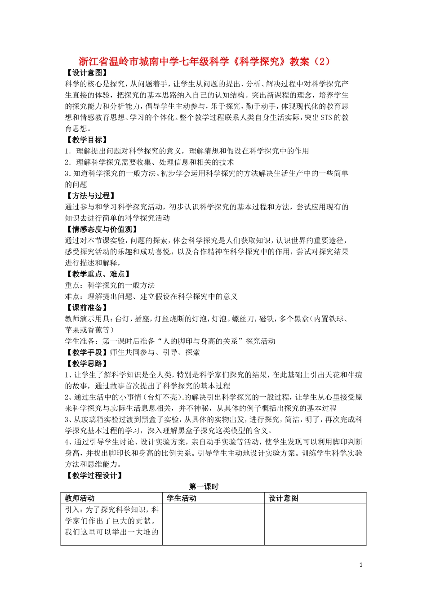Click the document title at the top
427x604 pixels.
[205, 62]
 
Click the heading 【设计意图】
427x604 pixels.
[87, 73]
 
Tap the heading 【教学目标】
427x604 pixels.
[87, 140]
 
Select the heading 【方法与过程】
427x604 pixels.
[90, 195]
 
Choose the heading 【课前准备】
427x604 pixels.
[87, 307]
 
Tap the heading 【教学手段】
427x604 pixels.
[87, 352]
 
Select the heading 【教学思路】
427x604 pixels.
[87, 364]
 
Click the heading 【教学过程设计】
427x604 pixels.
[94, 475]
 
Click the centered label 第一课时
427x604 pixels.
[204, 487]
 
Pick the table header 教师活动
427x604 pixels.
[80, 498]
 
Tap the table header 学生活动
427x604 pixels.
[182, 498]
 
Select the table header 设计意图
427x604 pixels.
[284, 498]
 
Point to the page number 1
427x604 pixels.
[361, 565]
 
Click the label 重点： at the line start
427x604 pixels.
[76, 285]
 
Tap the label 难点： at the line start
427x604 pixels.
[76, 297]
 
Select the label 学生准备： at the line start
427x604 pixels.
[83, 341]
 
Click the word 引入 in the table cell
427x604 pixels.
[72, 510]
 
